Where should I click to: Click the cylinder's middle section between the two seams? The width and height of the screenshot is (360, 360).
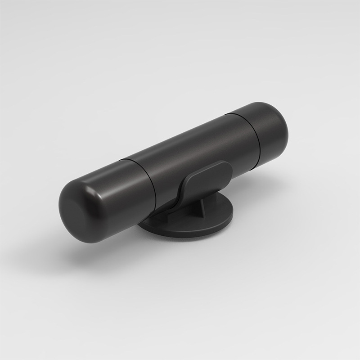pyautogui.click(x=189, y=153)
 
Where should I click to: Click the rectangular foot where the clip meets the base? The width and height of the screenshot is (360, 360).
pyautogui.click(x=169, y=216)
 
